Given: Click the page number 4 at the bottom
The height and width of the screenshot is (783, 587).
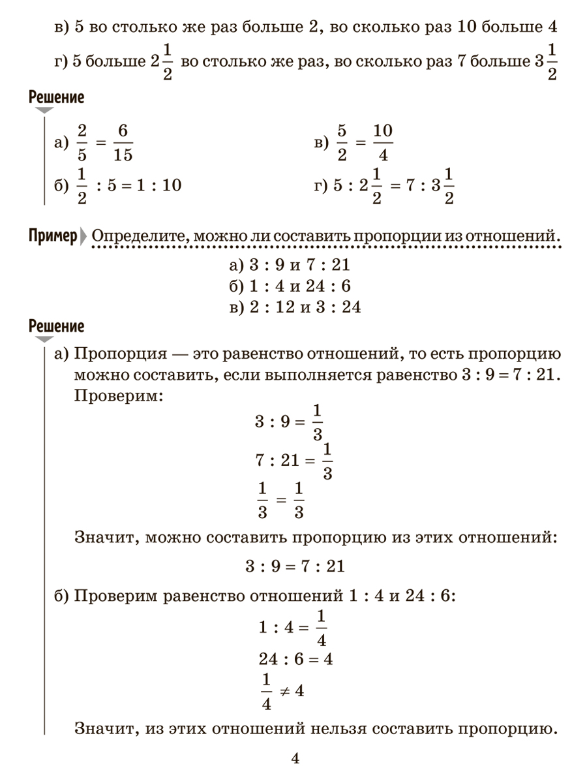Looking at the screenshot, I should tap(294, 759).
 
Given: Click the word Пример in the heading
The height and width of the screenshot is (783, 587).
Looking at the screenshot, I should tap(53, 236).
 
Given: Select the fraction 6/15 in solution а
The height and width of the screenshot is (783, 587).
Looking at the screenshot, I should tap(121, 143).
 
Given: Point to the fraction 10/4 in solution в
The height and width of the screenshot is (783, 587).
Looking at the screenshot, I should tap(383, 143).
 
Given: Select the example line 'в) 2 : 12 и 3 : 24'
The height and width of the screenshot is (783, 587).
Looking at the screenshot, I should tap(295, 307).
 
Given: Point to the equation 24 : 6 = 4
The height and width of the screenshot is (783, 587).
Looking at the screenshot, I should tap(295, 659).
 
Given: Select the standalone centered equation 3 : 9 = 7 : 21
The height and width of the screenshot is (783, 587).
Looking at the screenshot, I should tap(295, 566).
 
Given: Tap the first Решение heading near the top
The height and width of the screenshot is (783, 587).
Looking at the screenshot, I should tap(57, 99).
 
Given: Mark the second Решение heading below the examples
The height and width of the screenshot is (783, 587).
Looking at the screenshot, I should tap(57, 326).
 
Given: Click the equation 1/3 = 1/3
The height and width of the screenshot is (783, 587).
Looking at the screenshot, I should tap(280, 499).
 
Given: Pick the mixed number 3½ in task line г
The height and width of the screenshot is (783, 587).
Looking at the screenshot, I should tap(545, 63).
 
